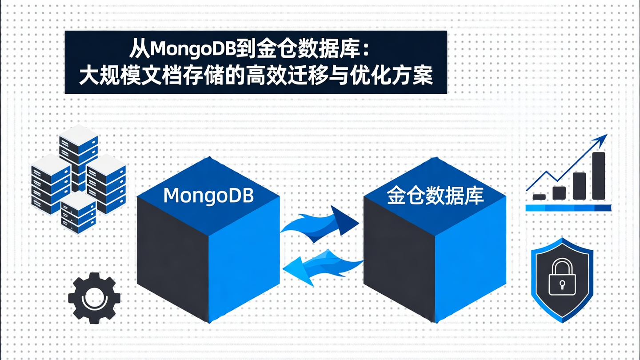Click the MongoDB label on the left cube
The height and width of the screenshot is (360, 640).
coord(208,196)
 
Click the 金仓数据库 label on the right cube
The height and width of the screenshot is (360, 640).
coord(435,196)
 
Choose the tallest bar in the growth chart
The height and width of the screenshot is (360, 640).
coord(598,176)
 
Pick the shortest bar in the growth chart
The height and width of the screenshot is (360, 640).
coord(539,197)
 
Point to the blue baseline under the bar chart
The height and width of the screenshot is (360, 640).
coord(568,208)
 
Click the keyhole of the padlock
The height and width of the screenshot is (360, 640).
coord(562,284)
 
